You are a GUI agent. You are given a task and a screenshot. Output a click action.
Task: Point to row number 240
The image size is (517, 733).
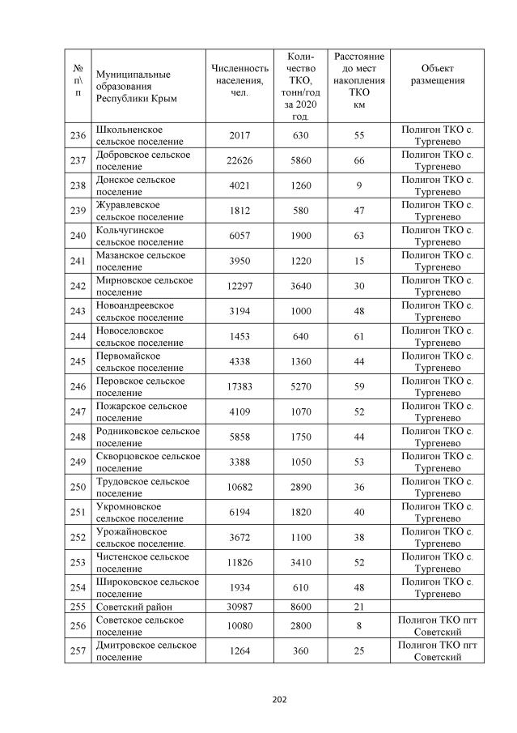78,236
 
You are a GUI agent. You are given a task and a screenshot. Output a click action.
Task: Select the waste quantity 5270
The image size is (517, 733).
301,387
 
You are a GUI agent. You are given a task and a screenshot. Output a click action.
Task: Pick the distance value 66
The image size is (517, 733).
359,160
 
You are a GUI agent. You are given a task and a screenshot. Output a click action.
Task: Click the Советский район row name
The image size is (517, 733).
134,606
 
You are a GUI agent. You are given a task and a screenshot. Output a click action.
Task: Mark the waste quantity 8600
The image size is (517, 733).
301,606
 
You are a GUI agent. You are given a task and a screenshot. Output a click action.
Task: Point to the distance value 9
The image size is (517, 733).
359,185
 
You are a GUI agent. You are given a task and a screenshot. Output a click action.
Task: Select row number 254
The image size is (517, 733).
78,588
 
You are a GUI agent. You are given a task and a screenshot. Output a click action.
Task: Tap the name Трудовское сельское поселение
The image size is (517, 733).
142,488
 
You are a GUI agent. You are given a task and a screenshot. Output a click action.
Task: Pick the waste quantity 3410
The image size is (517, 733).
301,563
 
